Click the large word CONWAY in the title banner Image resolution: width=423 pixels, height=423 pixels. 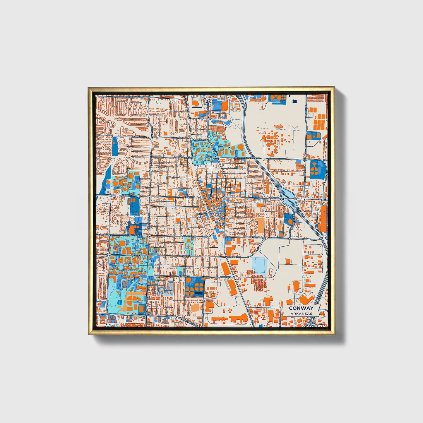(x=301, y=308)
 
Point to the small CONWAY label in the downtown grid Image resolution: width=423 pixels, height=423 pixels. (x=201, y=214)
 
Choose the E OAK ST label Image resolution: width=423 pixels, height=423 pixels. (x=272, y=198)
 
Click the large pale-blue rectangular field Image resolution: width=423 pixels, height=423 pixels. (x=259, y=265)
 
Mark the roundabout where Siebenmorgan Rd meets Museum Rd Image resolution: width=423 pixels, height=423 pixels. (x=305, y=160)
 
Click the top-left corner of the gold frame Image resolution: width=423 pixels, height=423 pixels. (x=88, y=87)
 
